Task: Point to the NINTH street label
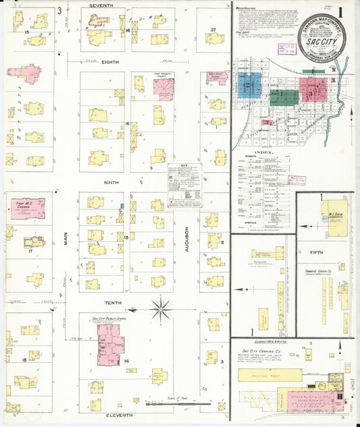(x=111, y=182)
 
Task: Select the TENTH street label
(x=112, y=303)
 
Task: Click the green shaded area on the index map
(x=284, y=96)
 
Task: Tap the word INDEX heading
(x=265, y=153)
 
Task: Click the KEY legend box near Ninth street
(x=182, y=184)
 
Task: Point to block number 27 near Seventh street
(x=213, y=30)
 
